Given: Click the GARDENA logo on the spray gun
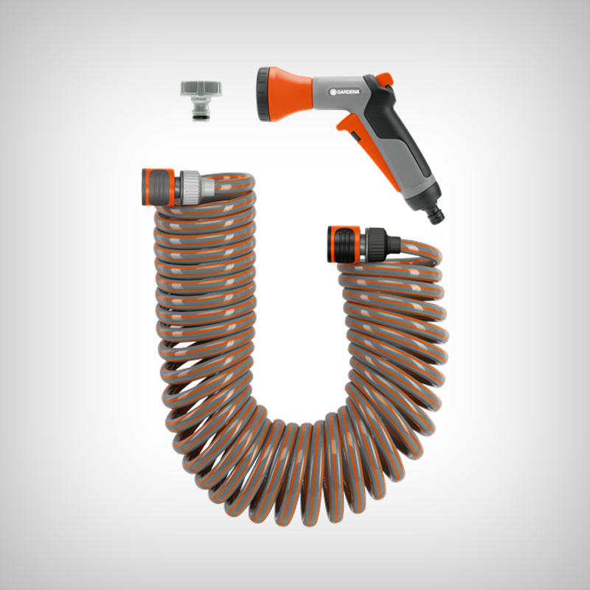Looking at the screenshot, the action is coord(344,91).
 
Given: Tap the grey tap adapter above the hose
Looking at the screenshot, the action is coord(201,100).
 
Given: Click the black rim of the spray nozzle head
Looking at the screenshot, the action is coord(263,94).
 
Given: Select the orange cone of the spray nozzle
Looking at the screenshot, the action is coord(290,94).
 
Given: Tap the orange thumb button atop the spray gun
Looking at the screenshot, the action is coord(384,80).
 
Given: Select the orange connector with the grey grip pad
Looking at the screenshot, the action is coord(159,187).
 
